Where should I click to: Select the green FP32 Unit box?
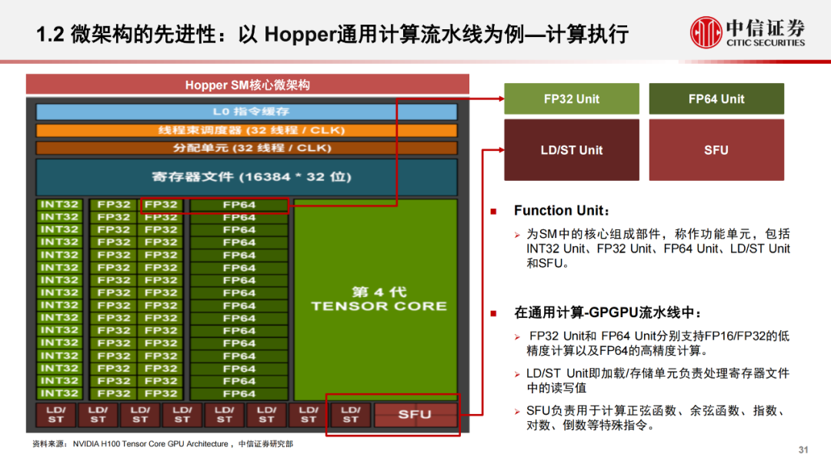click(571, 99)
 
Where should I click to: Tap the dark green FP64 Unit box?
click(716, 99)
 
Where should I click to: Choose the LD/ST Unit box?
click(571, 150)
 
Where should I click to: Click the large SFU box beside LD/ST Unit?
click(716, 150)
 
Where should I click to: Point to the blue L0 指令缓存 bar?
click(246, 112)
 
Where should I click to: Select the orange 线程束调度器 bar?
click(246, 130)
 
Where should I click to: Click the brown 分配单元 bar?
click(246, 148)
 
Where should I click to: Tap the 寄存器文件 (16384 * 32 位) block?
click(246, 177)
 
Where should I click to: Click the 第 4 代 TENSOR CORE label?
click(378, 299)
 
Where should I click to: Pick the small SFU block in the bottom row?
click(415, 415)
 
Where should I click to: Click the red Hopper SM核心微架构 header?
click(247, 85)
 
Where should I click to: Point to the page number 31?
click(805, 450)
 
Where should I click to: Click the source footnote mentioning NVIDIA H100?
click(162, 444)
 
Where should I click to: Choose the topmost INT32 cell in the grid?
click(59, 205)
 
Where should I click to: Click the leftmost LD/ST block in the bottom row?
click(55, 415)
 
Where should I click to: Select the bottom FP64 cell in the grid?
click(239, 393)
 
